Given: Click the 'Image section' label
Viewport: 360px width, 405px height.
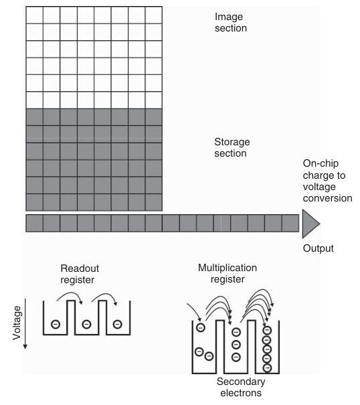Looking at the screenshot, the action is [231, 23].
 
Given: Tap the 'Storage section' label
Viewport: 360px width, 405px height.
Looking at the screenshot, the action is [232, 147].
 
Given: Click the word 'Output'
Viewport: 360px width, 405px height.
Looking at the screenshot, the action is [318, 248].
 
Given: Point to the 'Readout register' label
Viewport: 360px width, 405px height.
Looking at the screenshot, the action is [80, 274].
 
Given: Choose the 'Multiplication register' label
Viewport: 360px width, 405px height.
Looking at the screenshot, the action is [228, 274].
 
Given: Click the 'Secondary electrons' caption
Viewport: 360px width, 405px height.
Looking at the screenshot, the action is [241, 387].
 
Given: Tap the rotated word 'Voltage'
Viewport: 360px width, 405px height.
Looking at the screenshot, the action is [17, 323].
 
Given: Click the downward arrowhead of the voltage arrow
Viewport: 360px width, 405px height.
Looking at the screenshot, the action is [25, 347].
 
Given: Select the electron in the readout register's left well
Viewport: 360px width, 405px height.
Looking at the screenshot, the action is [56, 324].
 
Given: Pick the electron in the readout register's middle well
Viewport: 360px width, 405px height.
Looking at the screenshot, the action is [86, 324].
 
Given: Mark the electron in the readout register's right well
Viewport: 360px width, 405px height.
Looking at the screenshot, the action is [118, 324].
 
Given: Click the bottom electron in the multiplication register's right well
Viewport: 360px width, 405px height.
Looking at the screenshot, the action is [267, 368].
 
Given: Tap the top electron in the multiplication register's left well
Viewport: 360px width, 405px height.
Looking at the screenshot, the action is [201, 327].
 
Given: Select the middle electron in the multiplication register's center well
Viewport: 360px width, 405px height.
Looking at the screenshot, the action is [236, 345].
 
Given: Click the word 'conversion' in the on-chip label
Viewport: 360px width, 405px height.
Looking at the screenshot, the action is [327, 198].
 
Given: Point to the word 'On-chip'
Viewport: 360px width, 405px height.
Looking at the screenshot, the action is [321, 164].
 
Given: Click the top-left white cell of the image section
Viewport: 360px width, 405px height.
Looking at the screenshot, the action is [34, 15].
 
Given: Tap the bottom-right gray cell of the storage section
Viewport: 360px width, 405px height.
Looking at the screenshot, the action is [154, 202].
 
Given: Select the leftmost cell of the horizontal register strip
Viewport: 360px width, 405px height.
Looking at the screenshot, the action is [34, 223].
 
